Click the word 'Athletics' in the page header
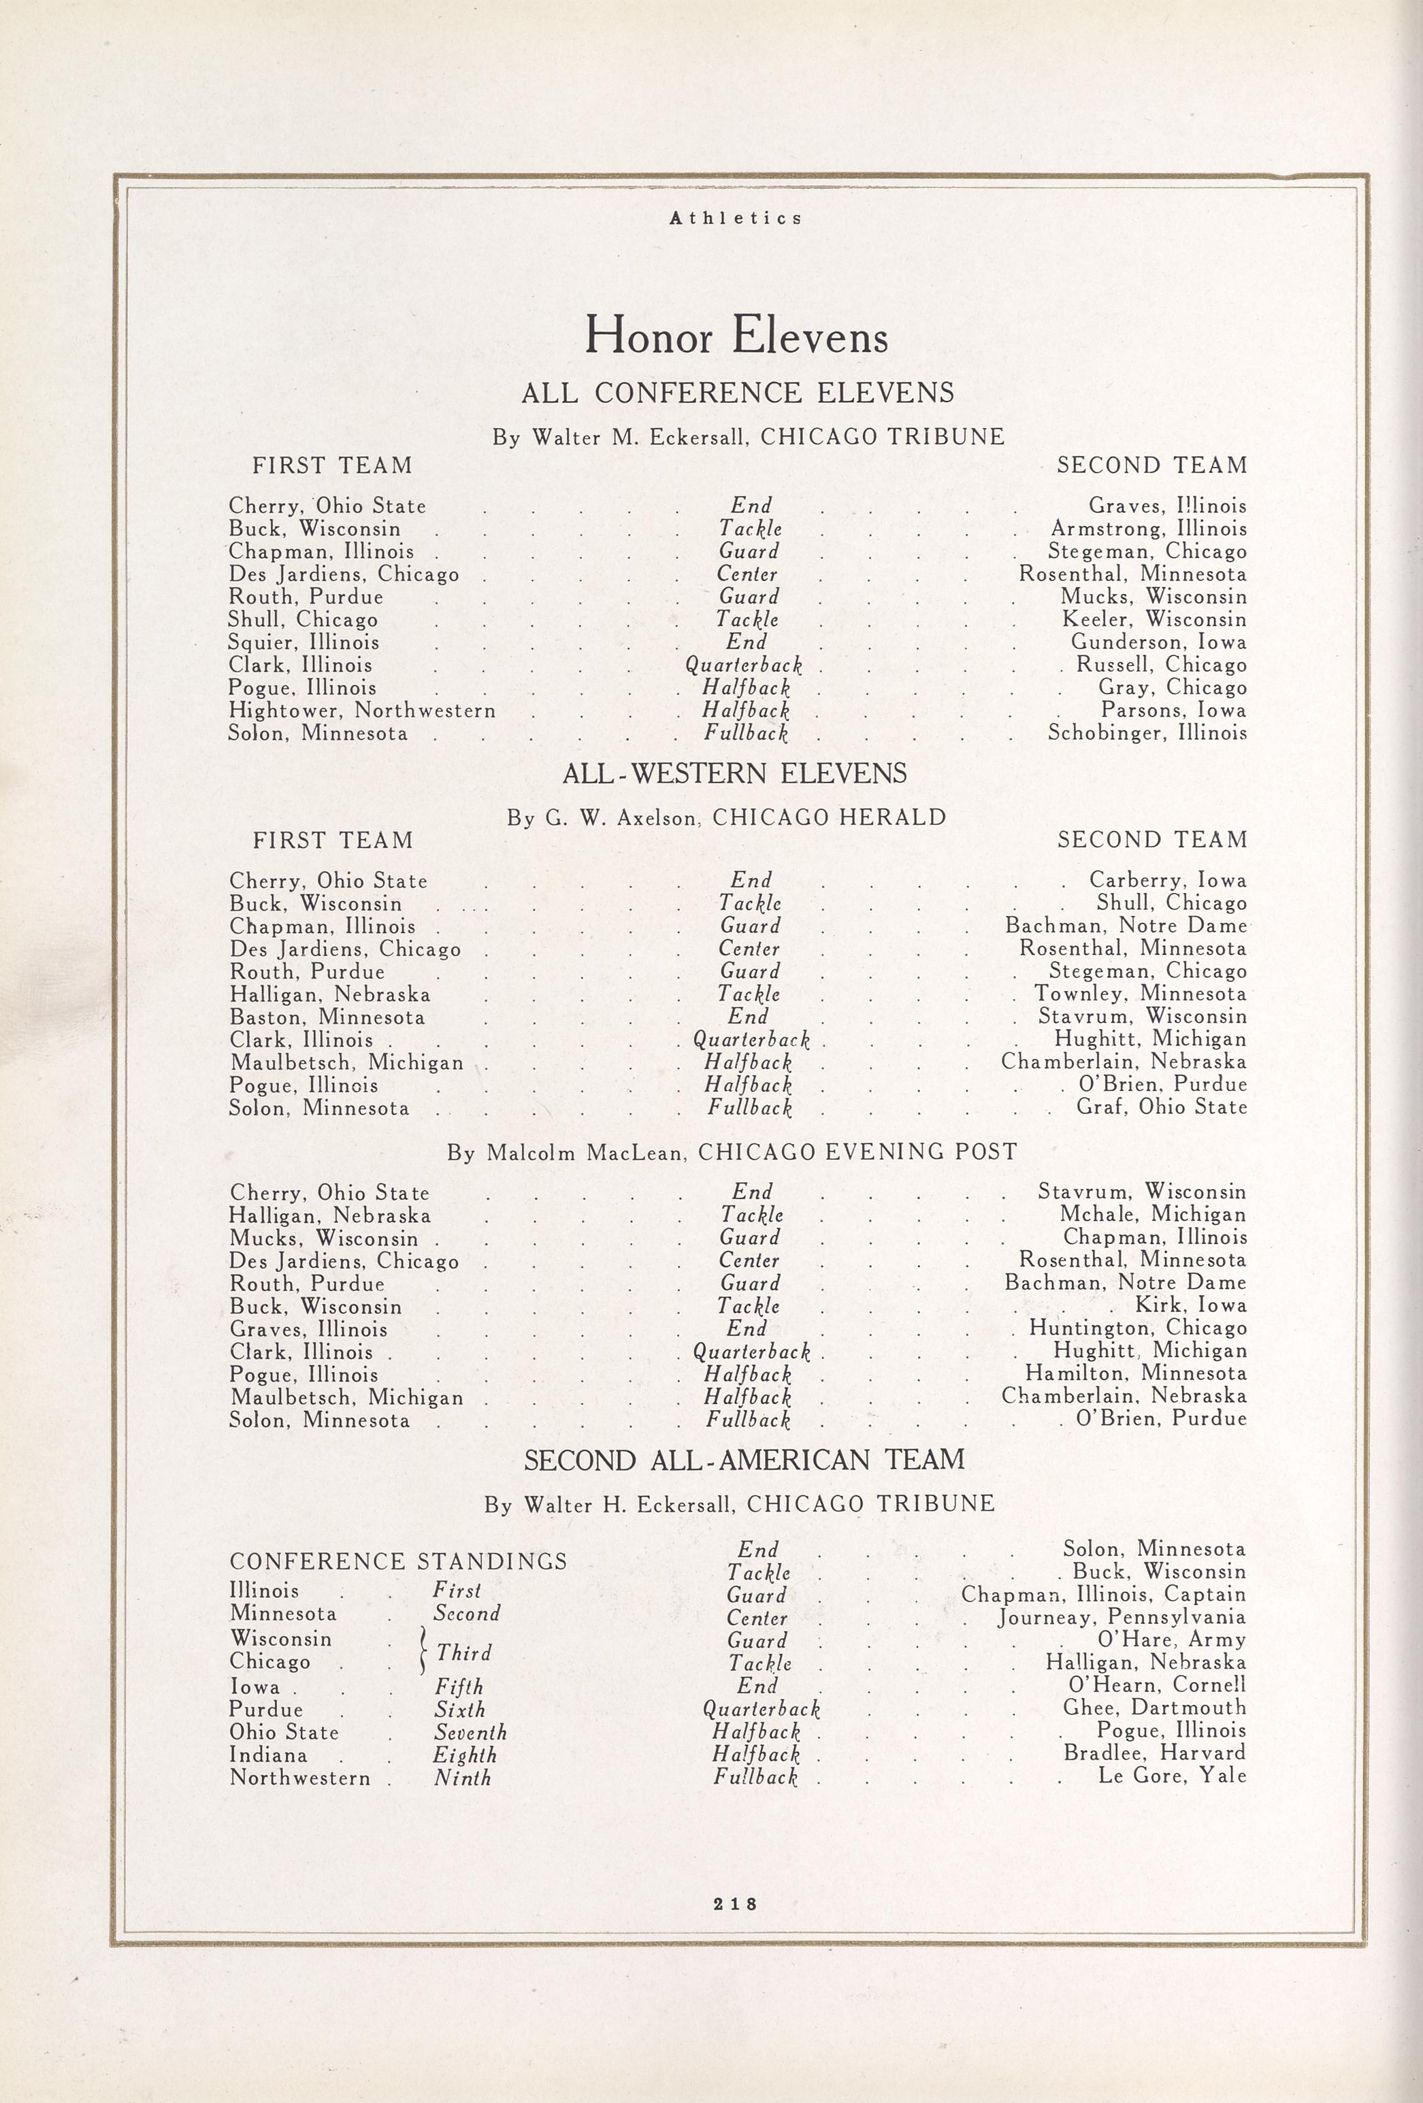[736, 218]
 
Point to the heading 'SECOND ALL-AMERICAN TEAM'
[745, 1460]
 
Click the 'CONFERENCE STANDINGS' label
[398, 1561]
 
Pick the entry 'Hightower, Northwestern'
[362, 711]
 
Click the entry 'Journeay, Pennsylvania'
[1122, 1617]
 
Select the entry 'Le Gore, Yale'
[1171, 1776]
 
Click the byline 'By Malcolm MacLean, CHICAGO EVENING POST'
[732, 1152]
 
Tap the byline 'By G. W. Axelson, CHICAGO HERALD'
[726, 818]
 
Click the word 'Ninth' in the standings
[462, 1778]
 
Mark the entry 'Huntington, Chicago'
[1137, 1328]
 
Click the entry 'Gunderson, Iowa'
[1158, 642]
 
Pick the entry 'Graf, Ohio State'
[1161, 1107]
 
